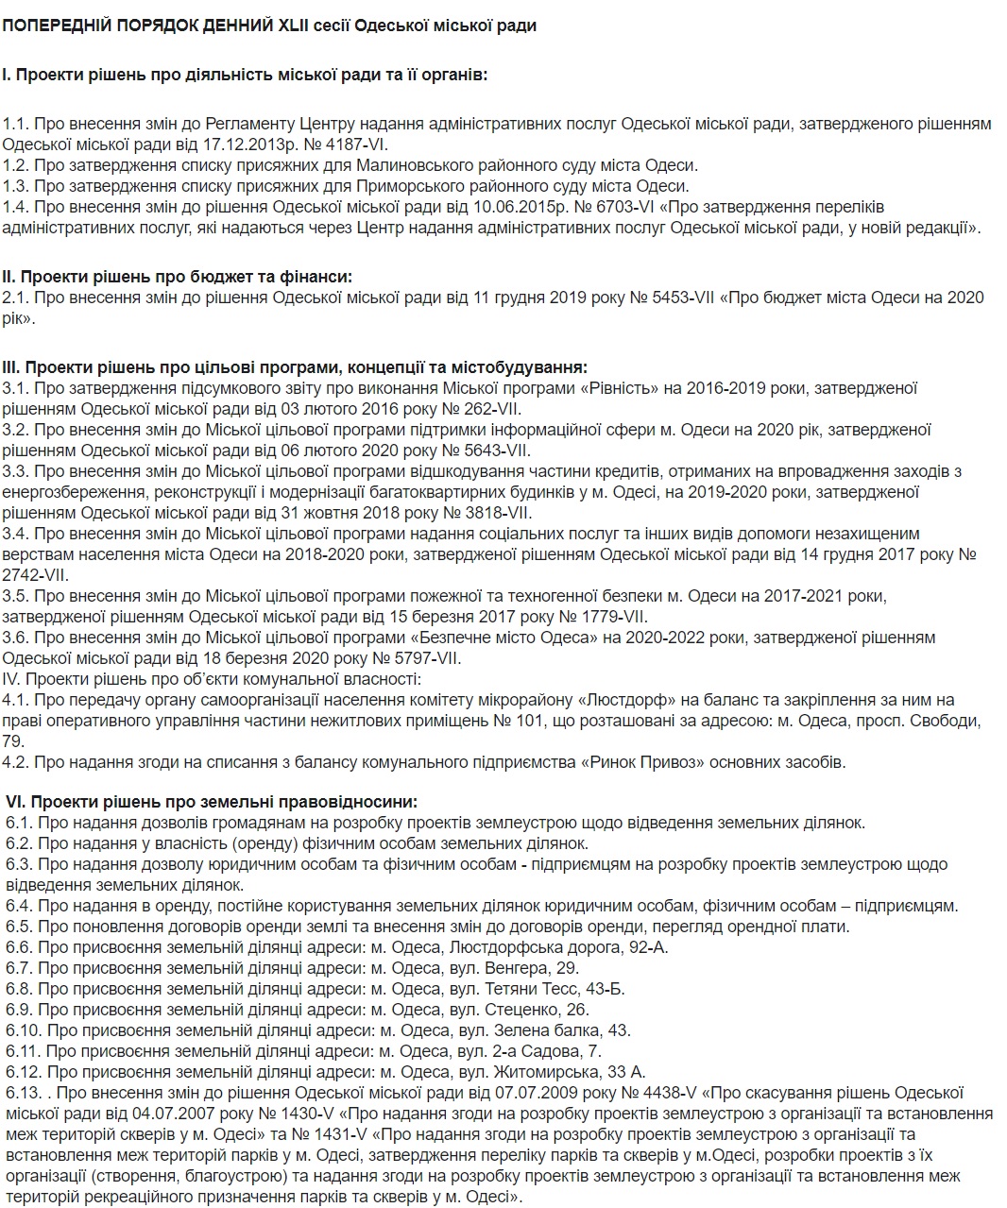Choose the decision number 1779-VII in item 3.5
[x=600, y=616]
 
